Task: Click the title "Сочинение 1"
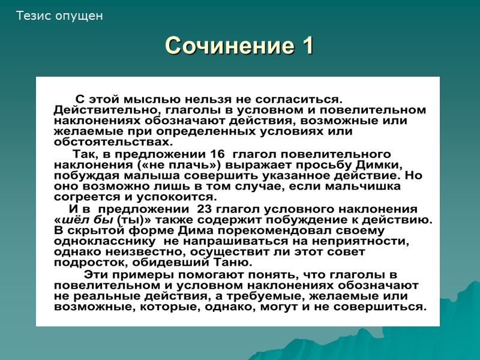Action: click(239, 46)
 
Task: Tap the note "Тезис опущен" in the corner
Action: click(60, 16)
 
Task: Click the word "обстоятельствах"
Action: click(113, 142)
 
